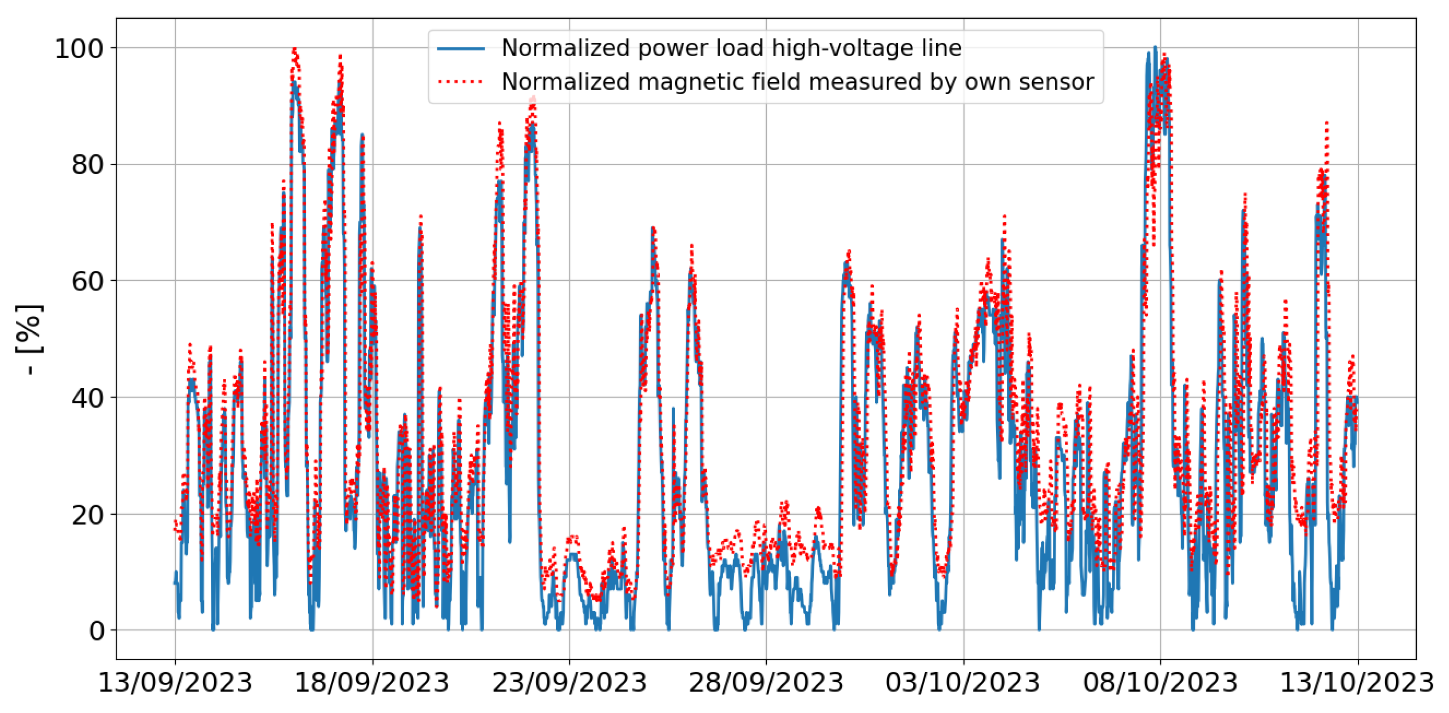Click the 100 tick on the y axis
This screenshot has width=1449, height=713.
(79, 49)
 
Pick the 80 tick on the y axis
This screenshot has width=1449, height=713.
(88, 165)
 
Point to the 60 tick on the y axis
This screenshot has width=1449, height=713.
(88, 281)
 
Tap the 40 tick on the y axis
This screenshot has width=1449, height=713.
(88, 398)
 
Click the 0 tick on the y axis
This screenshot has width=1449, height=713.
(96, 631)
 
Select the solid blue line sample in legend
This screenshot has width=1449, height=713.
(461, 49)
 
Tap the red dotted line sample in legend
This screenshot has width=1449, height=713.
(461, 82)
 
